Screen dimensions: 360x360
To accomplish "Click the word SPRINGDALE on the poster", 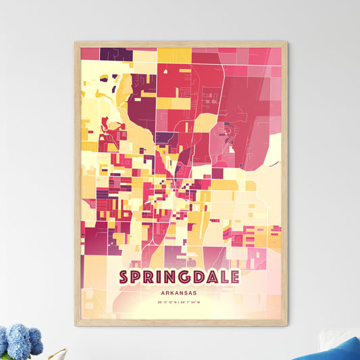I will (179, 278).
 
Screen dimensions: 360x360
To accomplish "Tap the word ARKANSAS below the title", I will (180, 293).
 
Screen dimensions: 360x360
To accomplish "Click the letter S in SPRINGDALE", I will (124, 278).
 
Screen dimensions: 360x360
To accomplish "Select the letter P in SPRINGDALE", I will (137, 278).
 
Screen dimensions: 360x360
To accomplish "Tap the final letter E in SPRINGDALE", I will (234, 278).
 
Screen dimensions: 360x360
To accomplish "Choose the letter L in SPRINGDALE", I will (222, 278).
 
